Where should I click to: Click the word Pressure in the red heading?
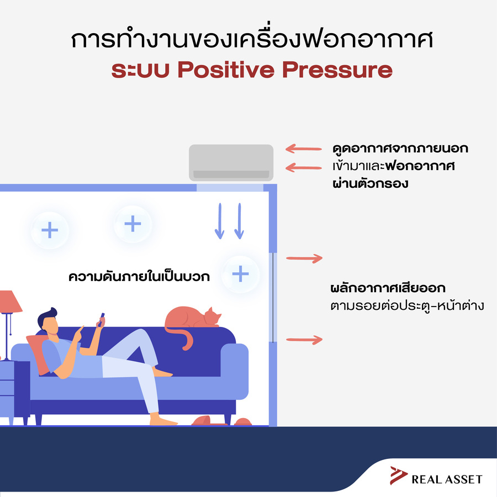coord(337,70)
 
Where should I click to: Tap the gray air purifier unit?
coord(231,162)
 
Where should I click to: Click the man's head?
coord(49,321)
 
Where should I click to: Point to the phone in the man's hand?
coord(101,320)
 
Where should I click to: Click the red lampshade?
coord(9,302)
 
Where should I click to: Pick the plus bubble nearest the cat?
coord(240,274)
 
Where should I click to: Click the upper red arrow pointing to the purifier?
coord(304,149)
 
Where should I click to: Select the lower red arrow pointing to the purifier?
coord(304,168)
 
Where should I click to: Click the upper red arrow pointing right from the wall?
coord(304,258)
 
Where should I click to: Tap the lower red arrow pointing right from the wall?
coord(304,340)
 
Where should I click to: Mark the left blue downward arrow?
coord(220,221)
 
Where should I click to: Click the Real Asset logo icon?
coord(398,475)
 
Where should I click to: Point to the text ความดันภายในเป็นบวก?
coord(139,277)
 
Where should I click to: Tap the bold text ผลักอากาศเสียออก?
coord(388,288)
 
